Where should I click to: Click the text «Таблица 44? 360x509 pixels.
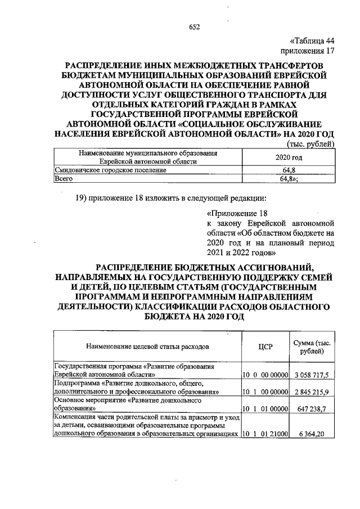[x=312, y=40]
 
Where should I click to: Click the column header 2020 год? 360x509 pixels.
[x=289, y=157]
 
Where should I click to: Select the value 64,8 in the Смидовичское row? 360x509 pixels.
[x=289, y=170]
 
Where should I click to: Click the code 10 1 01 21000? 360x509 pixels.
[x=265, y=434]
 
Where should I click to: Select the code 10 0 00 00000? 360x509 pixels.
[x=265, y=374]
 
